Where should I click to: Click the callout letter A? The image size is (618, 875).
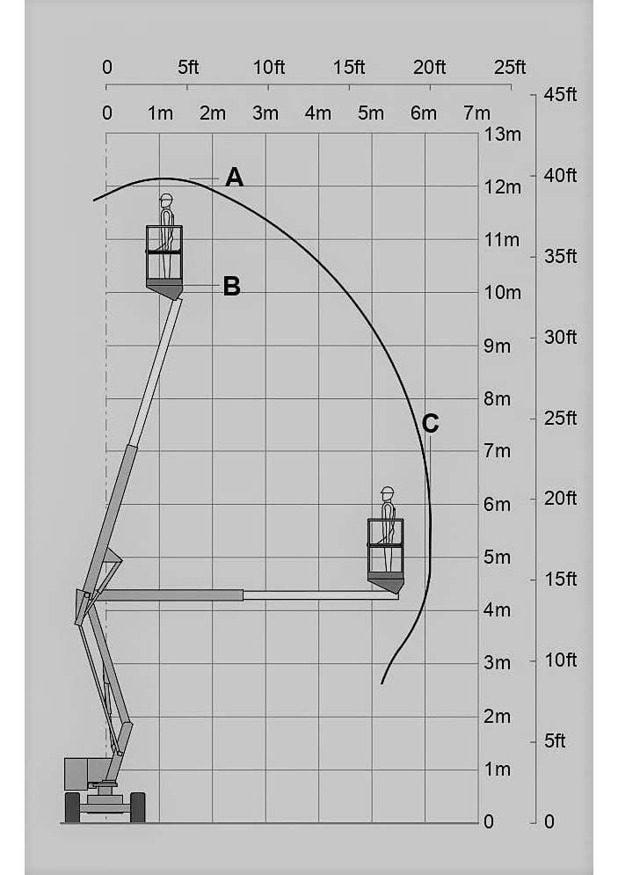tap(234, 178)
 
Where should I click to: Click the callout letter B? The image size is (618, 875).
tap(231, 287)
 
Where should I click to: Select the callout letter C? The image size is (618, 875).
tap(430, 424)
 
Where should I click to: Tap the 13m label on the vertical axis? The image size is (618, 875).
tap(502, 135)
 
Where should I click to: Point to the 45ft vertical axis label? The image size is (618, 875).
tap(560, 95)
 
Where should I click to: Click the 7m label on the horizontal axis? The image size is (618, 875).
tap(476, 113)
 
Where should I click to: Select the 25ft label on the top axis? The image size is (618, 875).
tap(510, 68)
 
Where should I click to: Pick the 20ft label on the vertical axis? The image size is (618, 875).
tap(560, 499)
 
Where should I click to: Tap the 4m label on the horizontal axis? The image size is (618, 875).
tap(317, 113)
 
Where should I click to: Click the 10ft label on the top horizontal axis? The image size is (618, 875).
tap(268, 68)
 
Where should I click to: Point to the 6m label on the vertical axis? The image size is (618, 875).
tap(497, 505)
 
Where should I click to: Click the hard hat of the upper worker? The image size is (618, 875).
tap(165, 200)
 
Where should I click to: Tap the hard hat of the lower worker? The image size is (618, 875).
tap(387, 491)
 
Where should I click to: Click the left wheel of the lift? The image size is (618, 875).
tap(72, 806)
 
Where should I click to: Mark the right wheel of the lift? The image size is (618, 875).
tap(137, 806)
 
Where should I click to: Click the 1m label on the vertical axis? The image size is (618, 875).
tap(497, 769)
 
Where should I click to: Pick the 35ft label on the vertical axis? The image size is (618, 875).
tap(560, 257)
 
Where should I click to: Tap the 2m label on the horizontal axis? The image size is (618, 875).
tap(212, 113)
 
